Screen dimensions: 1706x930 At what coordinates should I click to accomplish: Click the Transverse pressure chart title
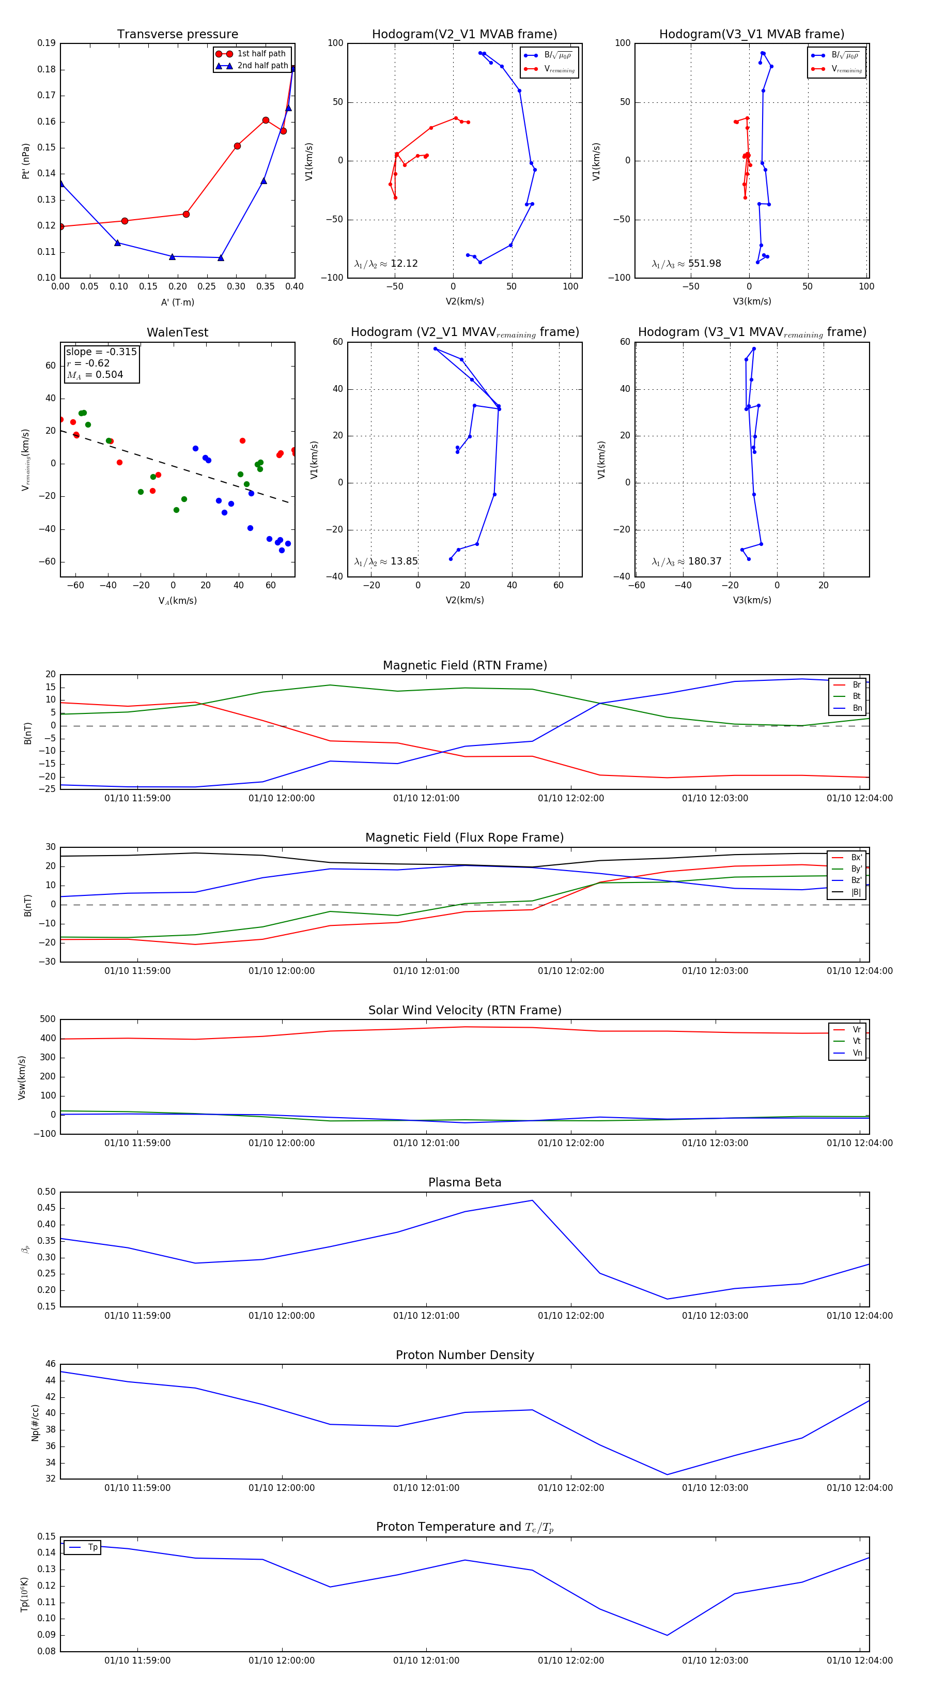tap(177, 35)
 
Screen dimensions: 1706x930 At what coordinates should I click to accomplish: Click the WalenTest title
tap(177, 332)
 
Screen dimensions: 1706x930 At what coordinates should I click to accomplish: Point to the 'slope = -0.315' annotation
tap(101, 352)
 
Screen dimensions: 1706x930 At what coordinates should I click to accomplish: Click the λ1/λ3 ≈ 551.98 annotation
tap(687, 264)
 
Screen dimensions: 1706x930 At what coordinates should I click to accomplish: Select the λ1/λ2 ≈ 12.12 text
tap(386, 264)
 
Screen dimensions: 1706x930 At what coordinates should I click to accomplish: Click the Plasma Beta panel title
tap(464, 1183)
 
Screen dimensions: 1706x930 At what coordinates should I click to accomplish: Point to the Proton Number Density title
tap(464, 1355)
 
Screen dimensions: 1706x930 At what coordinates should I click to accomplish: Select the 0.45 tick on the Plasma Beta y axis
tap(47, 1208)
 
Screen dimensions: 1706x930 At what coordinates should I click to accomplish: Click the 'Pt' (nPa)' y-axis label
tap(26, 161)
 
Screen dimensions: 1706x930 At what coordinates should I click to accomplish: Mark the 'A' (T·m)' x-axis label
tap(177, 302)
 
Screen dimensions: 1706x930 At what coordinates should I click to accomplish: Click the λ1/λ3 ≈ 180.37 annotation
tap(687, 561)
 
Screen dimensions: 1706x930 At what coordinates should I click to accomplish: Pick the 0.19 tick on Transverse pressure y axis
tap(47, 43)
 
